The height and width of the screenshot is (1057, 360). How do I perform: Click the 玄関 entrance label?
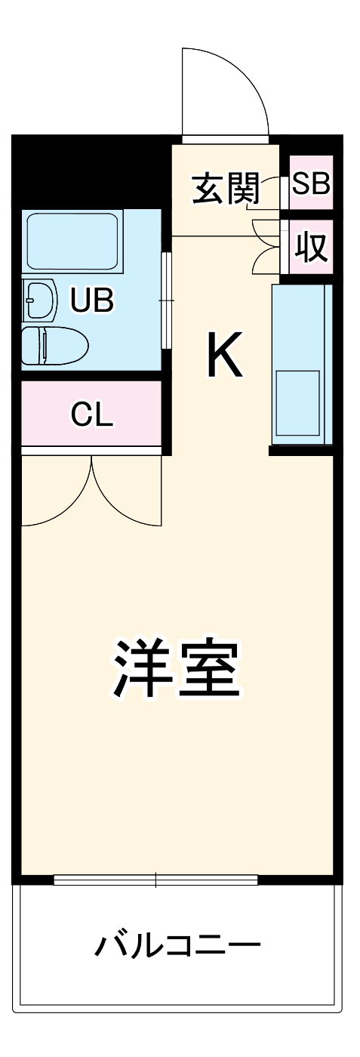pyautogui.click(x=226, y=188)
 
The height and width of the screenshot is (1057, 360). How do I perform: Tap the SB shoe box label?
pyautogui.click(x=311, y=183)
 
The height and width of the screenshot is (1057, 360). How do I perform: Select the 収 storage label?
pyautogui.click(x=311, y=247)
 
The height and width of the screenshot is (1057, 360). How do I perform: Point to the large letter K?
pyautogui.click(x=225, y=356)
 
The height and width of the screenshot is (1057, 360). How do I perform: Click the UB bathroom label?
pyautogui.click(x=92, y=300)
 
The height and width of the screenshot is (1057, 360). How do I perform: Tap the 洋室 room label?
pyautogui.click(x=178, y=668)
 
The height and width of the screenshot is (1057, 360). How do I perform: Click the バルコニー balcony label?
pyautogui.click(x=178, y=945)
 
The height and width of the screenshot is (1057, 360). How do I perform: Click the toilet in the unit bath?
pyautogui.click(x=53, y=346)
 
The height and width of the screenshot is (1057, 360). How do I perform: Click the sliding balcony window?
pyautogui.click(x=155, y=879)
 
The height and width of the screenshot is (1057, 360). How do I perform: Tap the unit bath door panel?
pyautogui.click(x=167, y=300)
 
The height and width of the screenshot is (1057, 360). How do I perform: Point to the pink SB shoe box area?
pyautogui.click(x=311, y=183)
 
